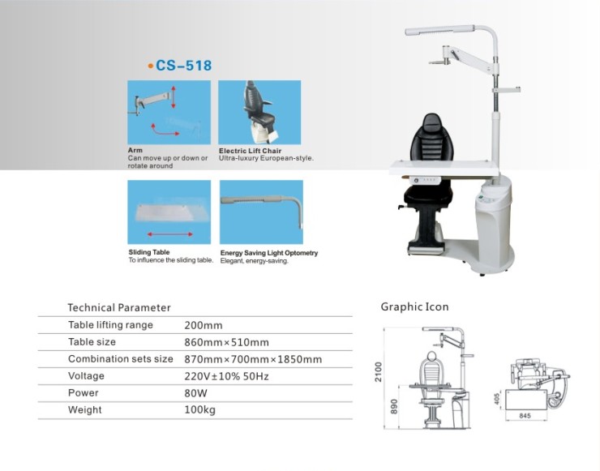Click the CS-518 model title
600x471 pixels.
(x=183, y=66)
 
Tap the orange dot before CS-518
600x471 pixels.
(x=150, y=66)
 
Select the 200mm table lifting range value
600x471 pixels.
(x=204, y=326)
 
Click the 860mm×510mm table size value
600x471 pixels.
(x=226, y=342)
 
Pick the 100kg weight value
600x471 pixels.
(x=199, y=409)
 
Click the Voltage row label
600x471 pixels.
(x=86, y=376)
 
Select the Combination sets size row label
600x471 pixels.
(x=121, y=359)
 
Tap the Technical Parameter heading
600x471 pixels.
(x=119, y=307)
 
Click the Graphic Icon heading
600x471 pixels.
(x=414, y=307)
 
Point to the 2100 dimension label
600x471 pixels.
(x=379, y=371)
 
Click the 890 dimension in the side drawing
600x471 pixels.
(x=394, y=406)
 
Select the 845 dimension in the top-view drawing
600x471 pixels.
(x=525, y=416)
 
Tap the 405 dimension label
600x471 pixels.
(x=497, y=399)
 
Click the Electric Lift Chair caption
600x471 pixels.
(x=250, y=151)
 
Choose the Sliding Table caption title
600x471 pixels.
(x=149, y=252)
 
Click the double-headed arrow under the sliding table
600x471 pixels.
(x=170, y=234)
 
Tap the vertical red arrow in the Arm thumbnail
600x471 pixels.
(x=174, y=97)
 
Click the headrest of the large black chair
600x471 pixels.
(x=432, y=123)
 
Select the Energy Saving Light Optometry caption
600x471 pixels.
(x=269, y=253)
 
